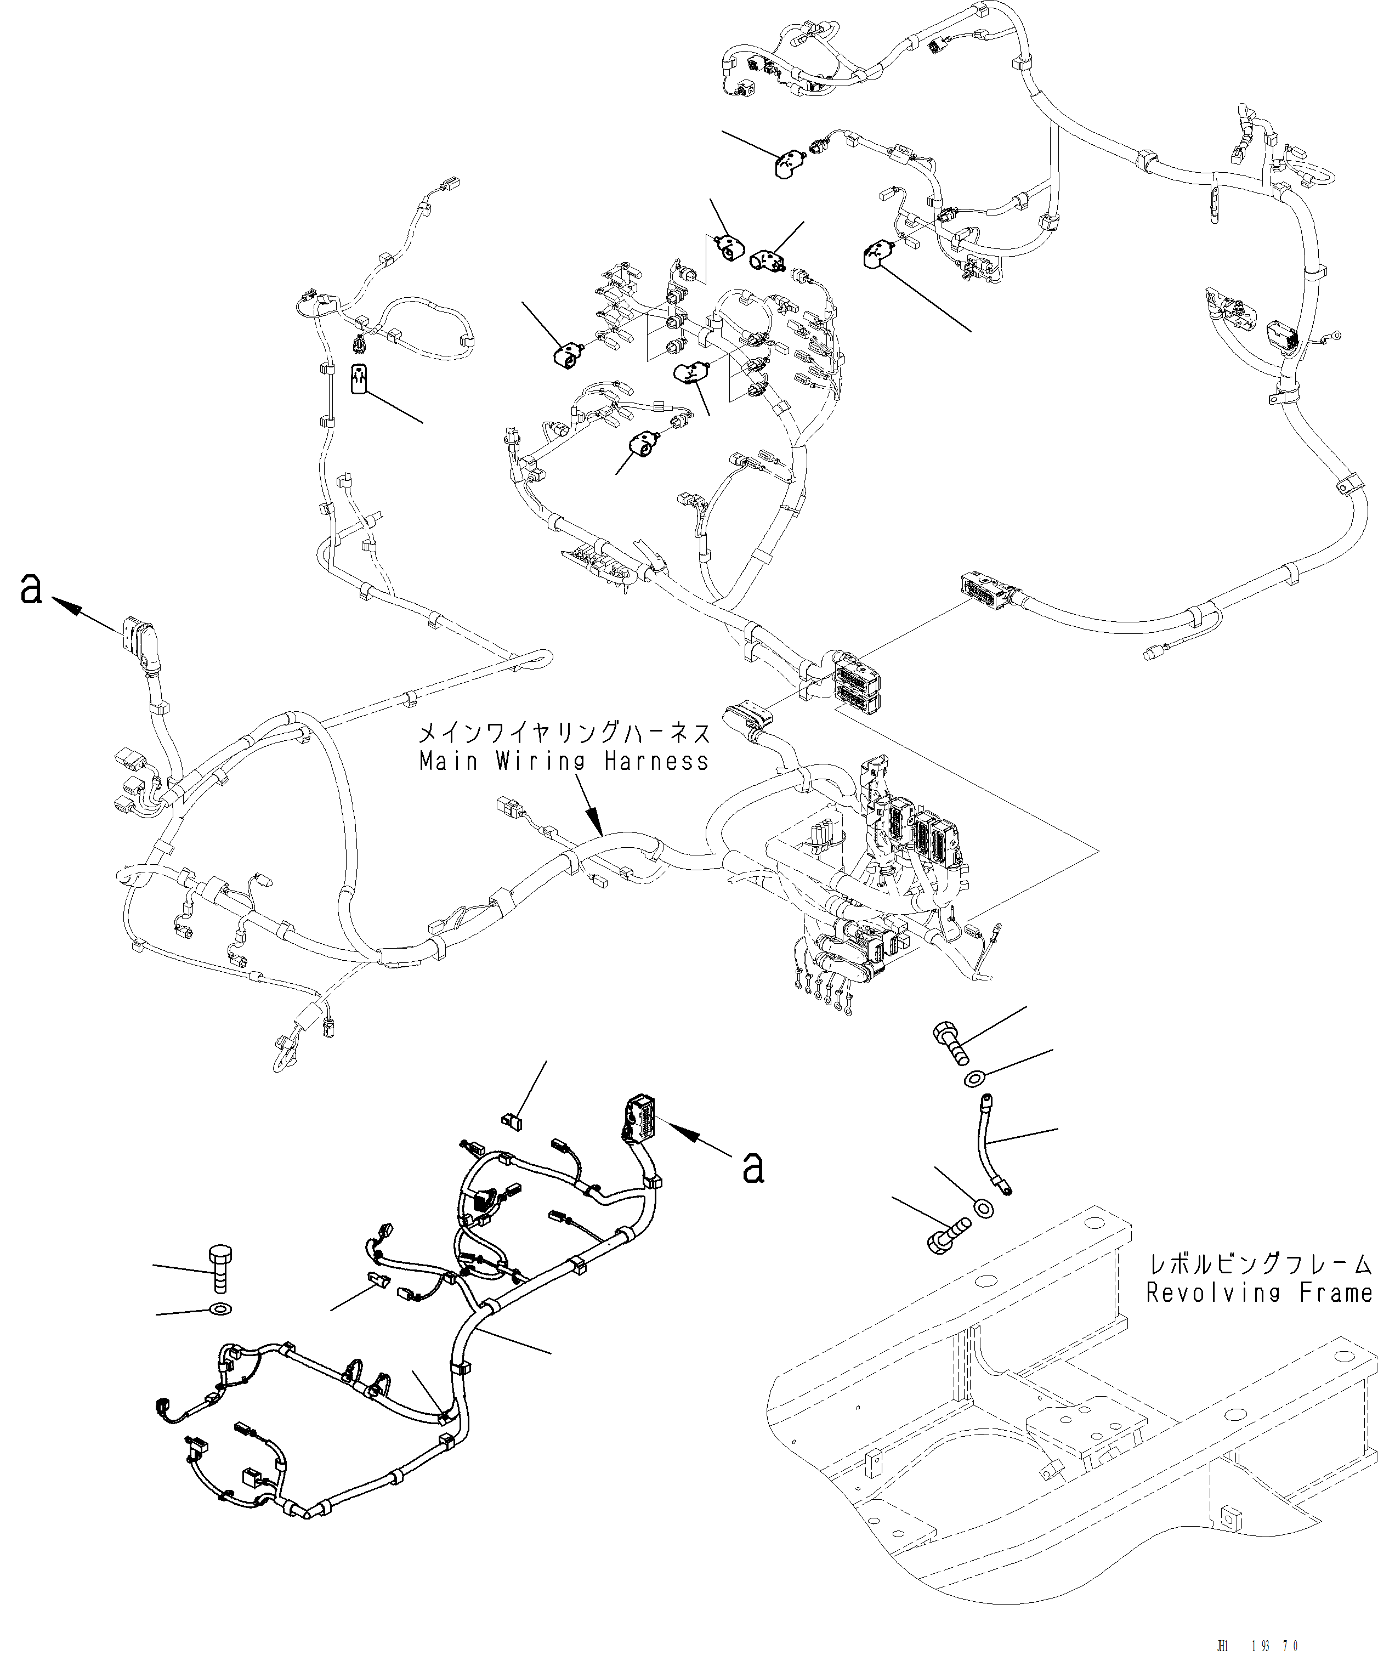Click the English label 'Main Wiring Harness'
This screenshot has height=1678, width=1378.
[564, 762]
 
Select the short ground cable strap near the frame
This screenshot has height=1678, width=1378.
[991, 1153]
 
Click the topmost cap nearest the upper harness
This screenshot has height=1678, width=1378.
[788, 165]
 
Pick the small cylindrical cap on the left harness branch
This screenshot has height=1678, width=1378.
[360, 378]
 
